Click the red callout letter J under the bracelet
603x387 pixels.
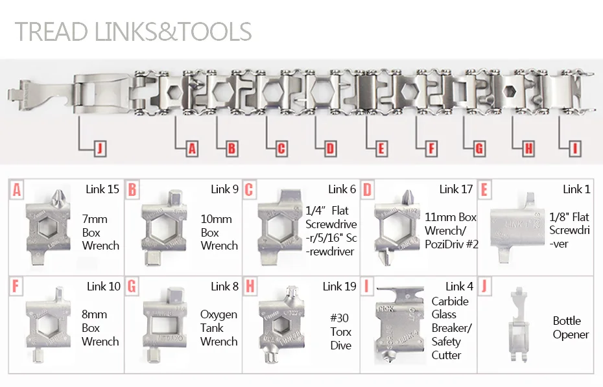[x=100, y=148]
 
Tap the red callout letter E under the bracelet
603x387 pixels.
[x=381, y=148]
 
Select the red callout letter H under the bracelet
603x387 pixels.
[x=529, y=148]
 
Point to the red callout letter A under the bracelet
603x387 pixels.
[x=192, y=148]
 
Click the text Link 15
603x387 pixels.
[x=102, y=189]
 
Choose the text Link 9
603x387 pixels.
[x=224, y=189]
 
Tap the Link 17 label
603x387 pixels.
[x=456, y=189]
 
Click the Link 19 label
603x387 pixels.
[x=339, y=287]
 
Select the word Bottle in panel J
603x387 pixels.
[x=567, y=320]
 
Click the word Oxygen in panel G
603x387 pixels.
[x=219, y=315]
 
